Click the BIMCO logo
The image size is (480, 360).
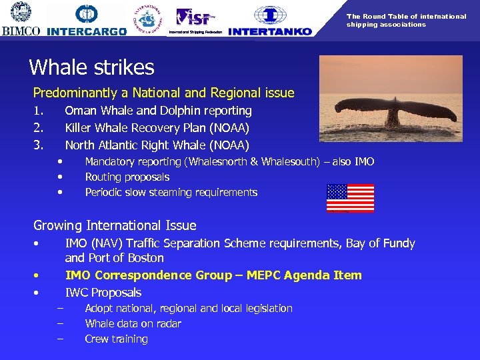click(x=21, y=19)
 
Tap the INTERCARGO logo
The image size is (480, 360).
click(x=87, y=21)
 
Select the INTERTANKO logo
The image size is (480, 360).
click(x=269, y=21)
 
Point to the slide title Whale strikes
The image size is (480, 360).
click(x=91, y=67)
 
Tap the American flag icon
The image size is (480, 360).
click(x=350, y=198)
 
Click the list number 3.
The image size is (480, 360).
click(x=38, y=145)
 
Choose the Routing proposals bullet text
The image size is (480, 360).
click(x=127, y=177)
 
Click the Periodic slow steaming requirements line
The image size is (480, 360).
click(x=171, y=193)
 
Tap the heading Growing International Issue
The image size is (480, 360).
click(x=115, y=225)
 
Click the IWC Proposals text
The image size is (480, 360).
click(x=103, y=293)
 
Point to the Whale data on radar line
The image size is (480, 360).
click(x=133, y=324)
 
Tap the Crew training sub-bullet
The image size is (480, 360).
click(x=116, y=339)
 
